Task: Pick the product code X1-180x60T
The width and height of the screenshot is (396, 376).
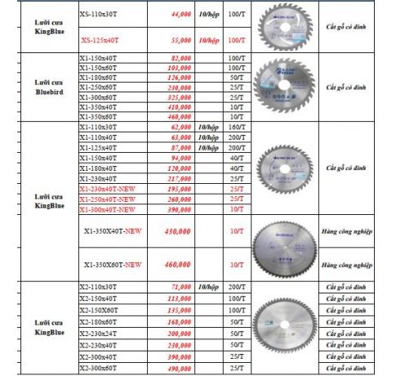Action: pyautogui.click(x=98, y=77)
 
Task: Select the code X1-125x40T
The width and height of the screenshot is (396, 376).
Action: pyautogui.click(x=98, y=147)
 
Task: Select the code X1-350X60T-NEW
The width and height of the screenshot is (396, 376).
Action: pyautogui.click(x=112, y=264)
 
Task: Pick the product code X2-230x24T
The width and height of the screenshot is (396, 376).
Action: pyautogui.click(x=98, y=334)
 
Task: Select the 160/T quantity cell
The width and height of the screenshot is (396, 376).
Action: pyautogui.click(x=237, y=128)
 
